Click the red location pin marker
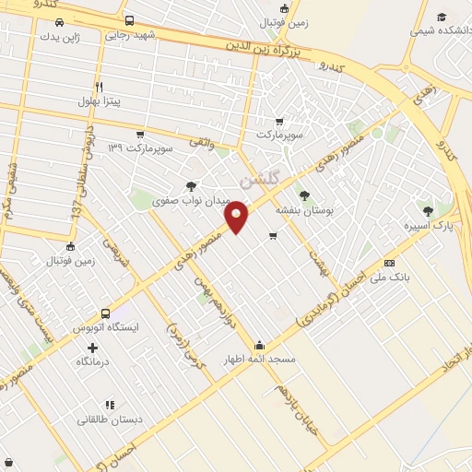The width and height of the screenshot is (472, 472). [238, 216]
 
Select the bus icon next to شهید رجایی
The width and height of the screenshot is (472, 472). [128, 20]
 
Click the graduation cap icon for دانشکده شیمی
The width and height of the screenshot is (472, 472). [441, 17]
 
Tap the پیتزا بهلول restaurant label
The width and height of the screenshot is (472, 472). [100, 99]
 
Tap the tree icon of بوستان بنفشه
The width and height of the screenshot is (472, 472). [305, 195]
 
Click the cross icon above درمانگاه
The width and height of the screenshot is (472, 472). [91, 348]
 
